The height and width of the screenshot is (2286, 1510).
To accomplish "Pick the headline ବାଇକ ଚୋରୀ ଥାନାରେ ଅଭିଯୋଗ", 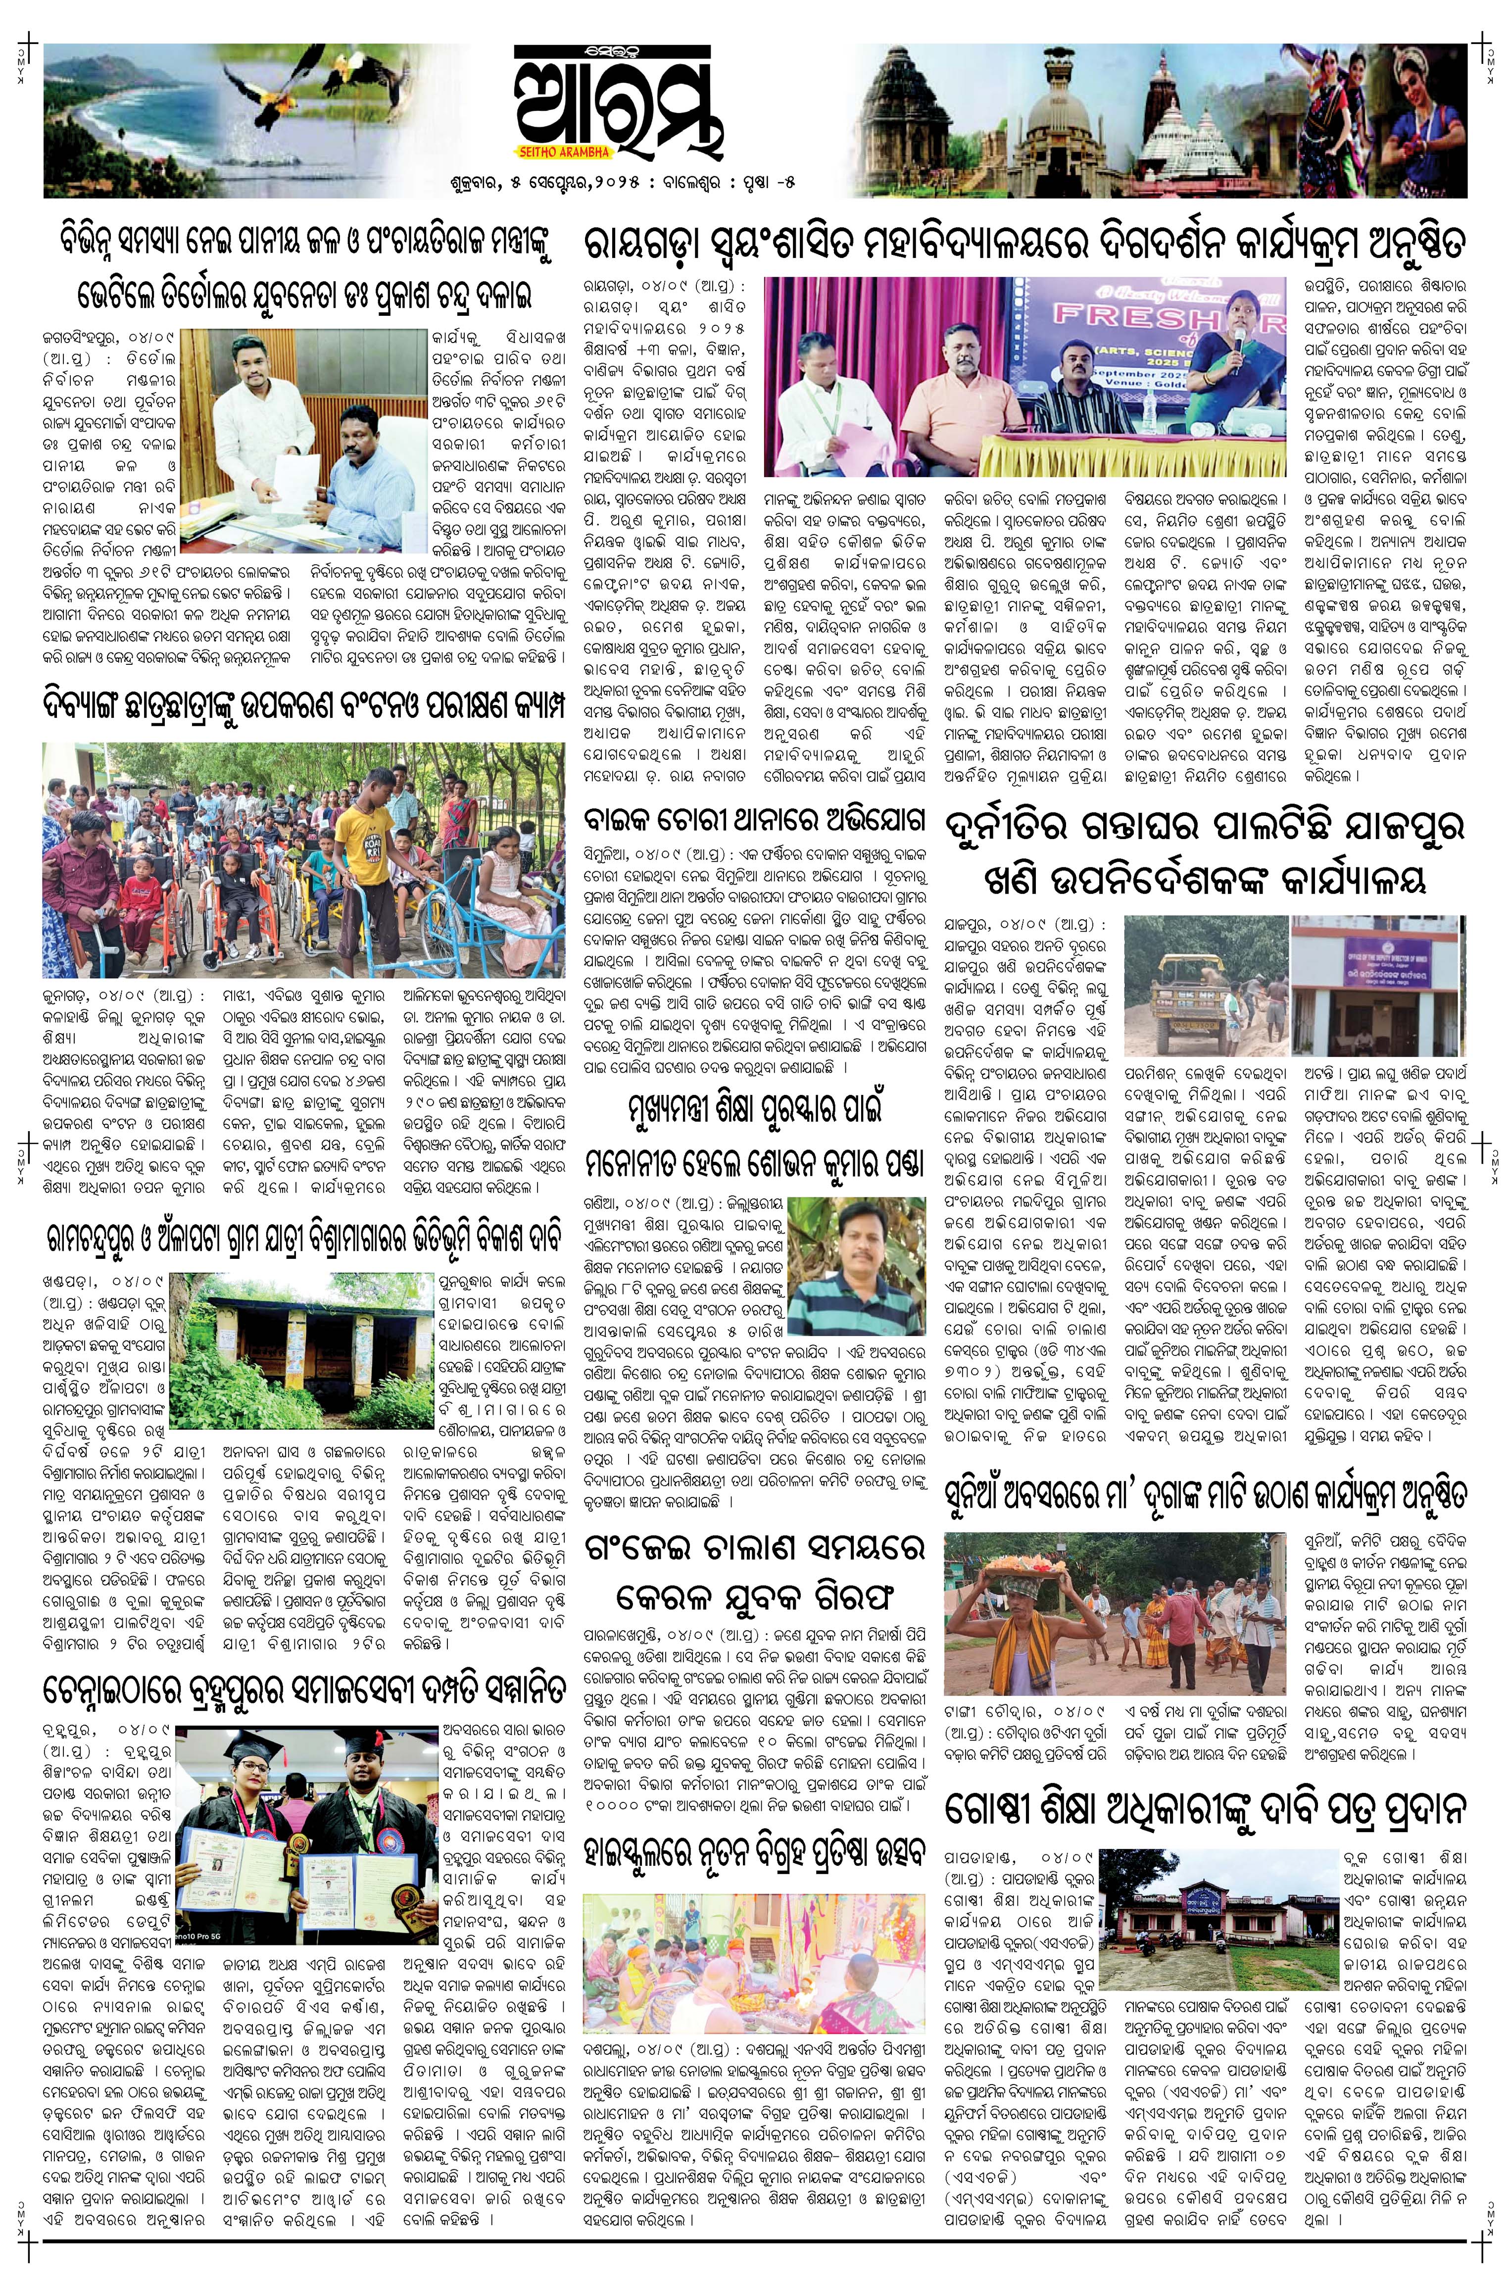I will click(x=754, y=821).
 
